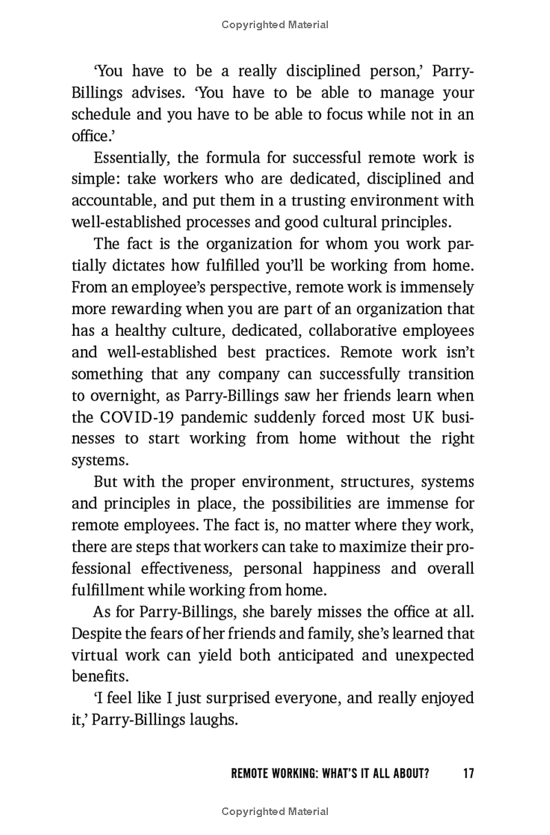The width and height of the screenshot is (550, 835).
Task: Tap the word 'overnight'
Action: [122, 395]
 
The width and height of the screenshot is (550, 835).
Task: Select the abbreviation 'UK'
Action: [413, 416]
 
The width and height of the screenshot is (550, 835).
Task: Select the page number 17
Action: [467, 773]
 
